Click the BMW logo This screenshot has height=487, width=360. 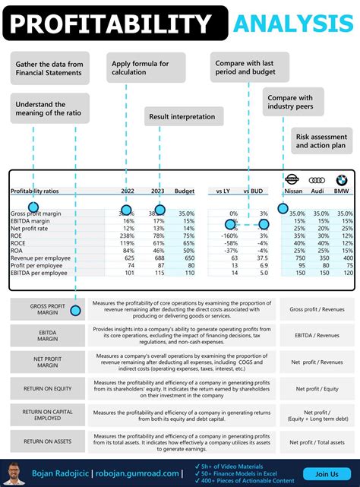click(x=341, y=181)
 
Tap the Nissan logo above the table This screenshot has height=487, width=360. click(x=292, y=181)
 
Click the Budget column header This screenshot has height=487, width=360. click(x=185, y=191)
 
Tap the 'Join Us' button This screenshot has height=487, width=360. click(x=326, y=474)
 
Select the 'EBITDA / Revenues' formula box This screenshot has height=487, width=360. click(x=317, y=334)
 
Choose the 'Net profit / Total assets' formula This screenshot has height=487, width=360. click(x=317, y=441)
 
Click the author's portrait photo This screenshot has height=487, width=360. click(x=16, y=473)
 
